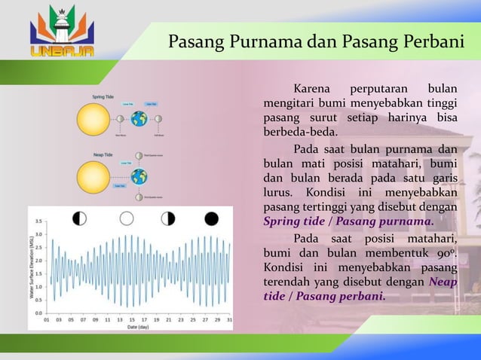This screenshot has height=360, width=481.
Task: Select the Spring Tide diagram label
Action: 103,96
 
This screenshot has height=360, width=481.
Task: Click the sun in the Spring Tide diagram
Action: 93,118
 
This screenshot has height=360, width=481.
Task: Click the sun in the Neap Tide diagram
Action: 93,177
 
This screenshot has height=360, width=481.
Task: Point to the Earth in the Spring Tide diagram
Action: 139,118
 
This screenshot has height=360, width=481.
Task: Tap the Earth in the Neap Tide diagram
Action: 139,177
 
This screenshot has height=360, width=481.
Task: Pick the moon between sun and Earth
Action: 119,118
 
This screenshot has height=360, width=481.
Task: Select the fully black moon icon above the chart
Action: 211,218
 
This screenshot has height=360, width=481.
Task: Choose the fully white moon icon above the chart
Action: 126,218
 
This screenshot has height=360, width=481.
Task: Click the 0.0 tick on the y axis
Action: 38,312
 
